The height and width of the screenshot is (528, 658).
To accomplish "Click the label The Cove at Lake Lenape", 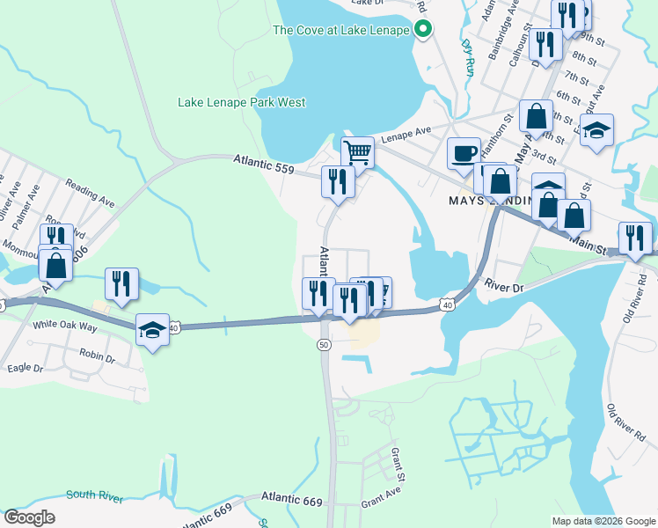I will tap(341, 30).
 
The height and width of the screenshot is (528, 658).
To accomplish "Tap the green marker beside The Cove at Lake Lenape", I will tap(422, 30).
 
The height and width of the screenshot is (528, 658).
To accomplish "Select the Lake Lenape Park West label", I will tap(242, 103).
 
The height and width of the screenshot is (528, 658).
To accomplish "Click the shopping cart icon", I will tap(357, 152).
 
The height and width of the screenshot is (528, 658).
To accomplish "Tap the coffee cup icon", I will tap(464, 153).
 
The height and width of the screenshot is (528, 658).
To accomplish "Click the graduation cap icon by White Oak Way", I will tap(153, 330).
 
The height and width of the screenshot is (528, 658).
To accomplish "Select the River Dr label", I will tap(505, 287).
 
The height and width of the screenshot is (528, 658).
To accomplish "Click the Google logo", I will tap(29, 517).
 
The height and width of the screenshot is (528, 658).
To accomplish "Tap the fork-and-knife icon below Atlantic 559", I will tap(338, 180).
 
